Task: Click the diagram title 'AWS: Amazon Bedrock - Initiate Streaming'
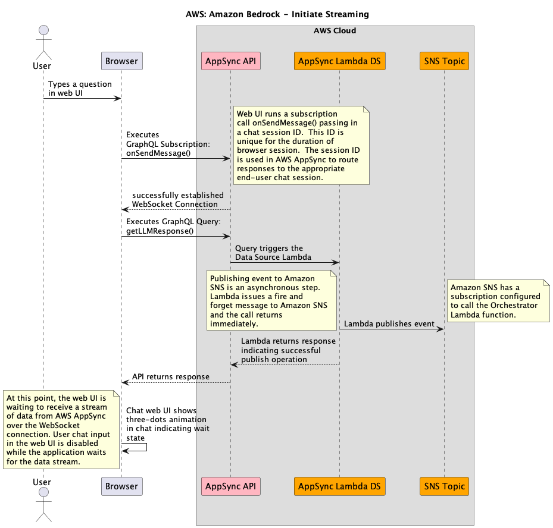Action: (277, 14)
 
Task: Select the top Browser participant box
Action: (121, 61)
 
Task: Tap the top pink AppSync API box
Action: (230, 61)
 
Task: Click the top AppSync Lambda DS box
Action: (339, 61)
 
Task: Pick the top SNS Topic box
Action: (444, 61)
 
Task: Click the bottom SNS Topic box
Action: (444, 486)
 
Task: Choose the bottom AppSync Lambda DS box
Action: (339, 486)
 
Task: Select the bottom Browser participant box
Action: (121, 486)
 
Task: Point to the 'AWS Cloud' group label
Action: (335, 30)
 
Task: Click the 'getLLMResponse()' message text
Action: (160, 231)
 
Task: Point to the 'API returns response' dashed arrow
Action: (176, 382)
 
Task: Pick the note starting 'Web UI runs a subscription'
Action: (301, 145)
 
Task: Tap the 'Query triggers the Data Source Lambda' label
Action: (269, 253)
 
